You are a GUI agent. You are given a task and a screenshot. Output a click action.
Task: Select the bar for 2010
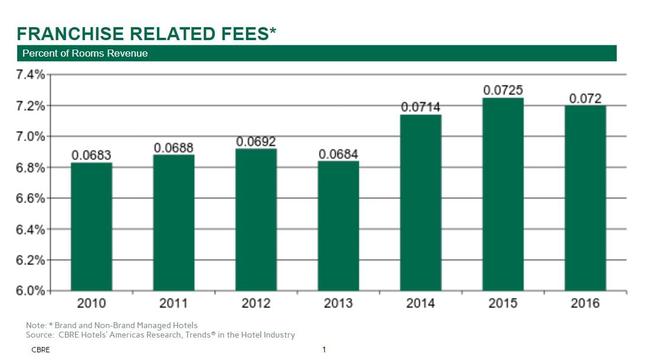[91, 227]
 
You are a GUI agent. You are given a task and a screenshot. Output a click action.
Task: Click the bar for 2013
[338, 227]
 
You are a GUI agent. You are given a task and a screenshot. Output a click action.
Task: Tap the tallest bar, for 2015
[503, 194]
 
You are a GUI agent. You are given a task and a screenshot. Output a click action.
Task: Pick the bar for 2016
[585, 198]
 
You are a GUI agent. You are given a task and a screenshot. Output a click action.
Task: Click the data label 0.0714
[421, 107]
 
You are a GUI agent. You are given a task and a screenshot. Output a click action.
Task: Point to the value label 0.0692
[256, 142]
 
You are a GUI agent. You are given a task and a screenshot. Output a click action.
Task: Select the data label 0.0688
[174, 148]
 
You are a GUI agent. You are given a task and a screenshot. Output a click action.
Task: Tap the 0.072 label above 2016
[585, 99]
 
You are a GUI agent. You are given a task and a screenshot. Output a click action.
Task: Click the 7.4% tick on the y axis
[31, 75]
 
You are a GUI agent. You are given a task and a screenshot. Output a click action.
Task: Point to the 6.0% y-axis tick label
[31, 291]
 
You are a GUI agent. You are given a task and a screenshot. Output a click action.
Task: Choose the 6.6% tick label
[31, 198]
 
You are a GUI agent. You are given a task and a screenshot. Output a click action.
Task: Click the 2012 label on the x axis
[256, 303]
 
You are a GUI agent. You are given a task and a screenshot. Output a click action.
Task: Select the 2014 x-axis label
[421, 303]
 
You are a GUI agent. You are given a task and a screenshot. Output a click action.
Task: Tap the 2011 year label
[174, 303]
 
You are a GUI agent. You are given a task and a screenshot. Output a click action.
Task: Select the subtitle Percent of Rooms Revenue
[85, 54]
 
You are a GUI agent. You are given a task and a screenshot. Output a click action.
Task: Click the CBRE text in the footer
[41, 350]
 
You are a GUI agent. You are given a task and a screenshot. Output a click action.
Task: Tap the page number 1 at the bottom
[324, 350]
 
